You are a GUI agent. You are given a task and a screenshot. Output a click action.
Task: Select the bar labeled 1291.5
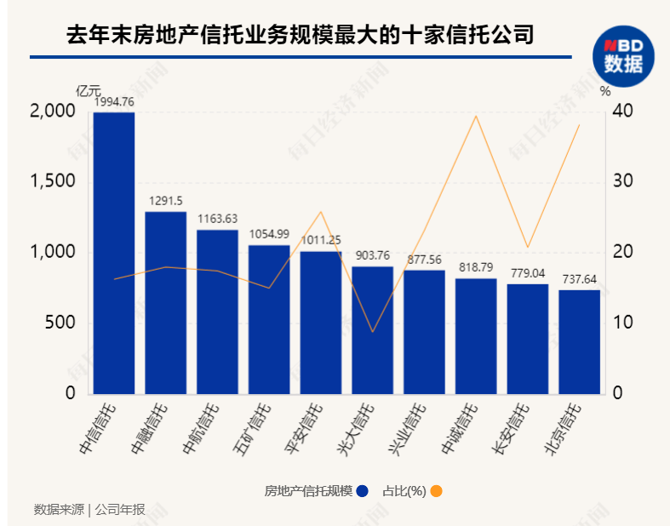pos(165,303)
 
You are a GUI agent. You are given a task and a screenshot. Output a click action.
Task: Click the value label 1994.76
pos(113,102)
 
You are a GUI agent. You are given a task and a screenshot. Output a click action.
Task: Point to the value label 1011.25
pos(321,240)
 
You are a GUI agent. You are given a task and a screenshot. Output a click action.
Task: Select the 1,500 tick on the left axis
pos(50,182)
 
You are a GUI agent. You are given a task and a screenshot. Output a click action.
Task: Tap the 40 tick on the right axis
pos(623,111)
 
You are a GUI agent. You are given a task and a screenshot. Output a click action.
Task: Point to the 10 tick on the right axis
pos(623,323)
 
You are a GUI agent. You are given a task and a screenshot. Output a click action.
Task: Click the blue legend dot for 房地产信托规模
pos(363,491)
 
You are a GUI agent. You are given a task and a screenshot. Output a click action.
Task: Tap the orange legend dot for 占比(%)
pos(436,491)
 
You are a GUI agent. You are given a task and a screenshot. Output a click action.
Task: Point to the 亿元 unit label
pos(88,90)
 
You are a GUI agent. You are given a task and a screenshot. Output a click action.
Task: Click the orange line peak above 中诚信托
pos(476,116)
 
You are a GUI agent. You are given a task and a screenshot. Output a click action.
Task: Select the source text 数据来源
pos(59,510)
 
